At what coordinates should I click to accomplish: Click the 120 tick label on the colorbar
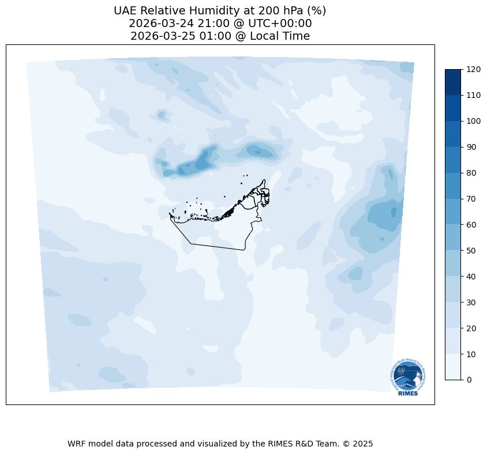point(474,69)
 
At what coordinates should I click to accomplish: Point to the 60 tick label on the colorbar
point(471,225)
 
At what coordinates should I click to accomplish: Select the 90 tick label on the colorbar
point(471,147)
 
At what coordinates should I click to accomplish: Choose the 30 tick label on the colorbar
point(471,302)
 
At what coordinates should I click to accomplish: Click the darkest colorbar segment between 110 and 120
point(454,82)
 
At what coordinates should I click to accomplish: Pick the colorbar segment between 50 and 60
point(454,237)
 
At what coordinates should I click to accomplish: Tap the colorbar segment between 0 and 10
point(454,367)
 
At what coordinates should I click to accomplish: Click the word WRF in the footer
point(76,444)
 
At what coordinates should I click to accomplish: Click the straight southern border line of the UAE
point(216,247)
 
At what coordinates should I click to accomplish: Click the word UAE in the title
point(126,10)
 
